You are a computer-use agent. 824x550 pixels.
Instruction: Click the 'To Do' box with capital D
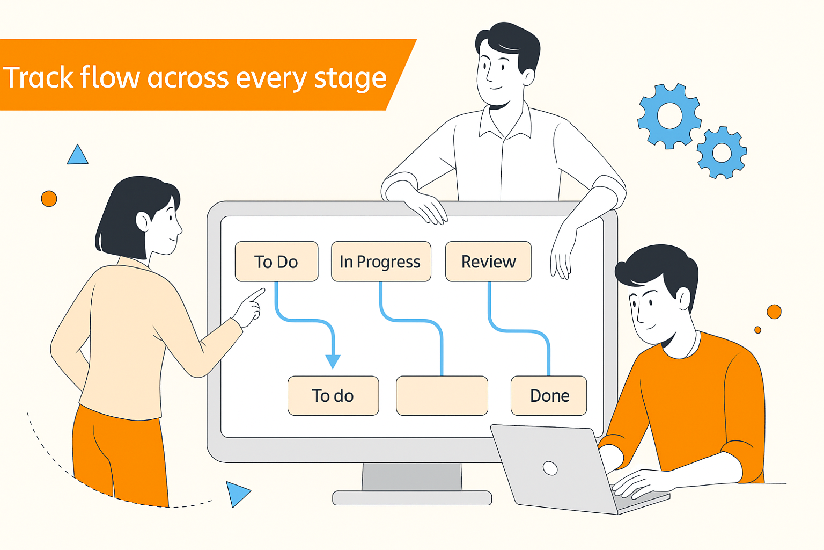[276, 262]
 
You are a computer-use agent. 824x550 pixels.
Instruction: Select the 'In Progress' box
[381, 262]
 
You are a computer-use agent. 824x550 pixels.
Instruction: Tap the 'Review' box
[488, 262]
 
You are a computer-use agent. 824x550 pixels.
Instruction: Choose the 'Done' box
[549, 396]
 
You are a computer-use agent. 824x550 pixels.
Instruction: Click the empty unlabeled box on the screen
[442, 396]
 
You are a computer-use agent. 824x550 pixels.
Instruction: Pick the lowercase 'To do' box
[333, 396]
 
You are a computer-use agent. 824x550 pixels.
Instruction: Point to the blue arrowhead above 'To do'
[333, 361]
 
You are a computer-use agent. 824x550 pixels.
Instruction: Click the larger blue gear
[669, 116]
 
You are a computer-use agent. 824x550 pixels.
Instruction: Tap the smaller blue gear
[722, 153]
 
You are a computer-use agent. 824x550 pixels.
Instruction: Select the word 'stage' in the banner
[350, 78]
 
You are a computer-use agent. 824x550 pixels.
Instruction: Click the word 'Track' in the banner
[38, 77]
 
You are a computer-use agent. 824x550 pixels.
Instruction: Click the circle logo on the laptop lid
[550, 468]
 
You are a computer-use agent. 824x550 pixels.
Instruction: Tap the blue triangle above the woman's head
[78, 156]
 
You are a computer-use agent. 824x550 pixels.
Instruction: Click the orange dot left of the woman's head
[49, 199]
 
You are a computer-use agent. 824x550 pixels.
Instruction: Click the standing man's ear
[529, 77]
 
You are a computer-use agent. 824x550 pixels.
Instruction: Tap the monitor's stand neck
[412, 476]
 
